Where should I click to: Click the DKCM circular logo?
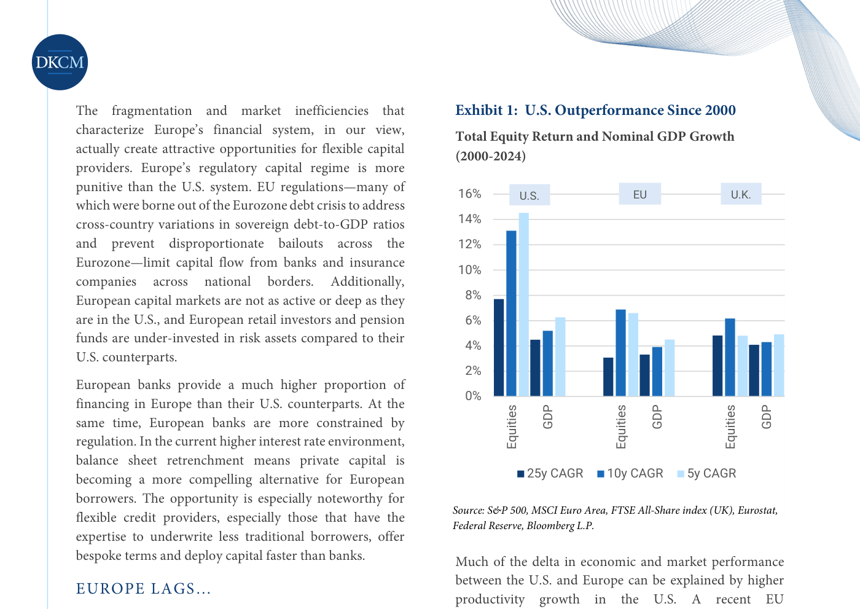[x=60, y=62]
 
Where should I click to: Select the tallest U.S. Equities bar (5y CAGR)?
[x=523, y=305]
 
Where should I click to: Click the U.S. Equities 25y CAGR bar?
[x=499, y=347]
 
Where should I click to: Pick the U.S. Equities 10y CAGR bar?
[x=511, y=313]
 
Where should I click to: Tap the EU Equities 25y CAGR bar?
[x=608, y=377]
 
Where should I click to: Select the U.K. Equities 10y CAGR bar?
[x=730, y=357]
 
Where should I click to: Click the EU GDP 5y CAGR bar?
[x=670, y=368]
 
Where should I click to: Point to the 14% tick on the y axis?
[x=469, y=219]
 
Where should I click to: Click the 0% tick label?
[x=473, y=396]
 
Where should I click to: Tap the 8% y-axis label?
[x=473, y=296]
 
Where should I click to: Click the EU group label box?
[x=640, y=194]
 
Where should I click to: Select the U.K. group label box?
[x=741, y=194]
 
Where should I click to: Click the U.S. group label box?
[x=530, y=195]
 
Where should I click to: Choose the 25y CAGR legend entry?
[x=550, y=473]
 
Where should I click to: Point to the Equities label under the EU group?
[x=621, y=426]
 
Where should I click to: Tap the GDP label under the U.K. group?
[x=767, y=417]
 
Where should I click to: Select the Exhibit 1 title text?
[x=595, y=110]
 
